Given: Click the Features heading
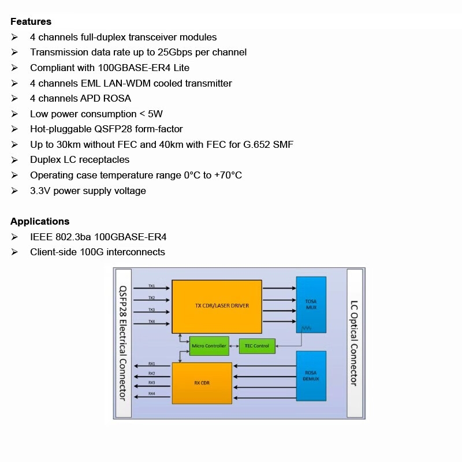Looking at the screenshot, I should tap(31, 22).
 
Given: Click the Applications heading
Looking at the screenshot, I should tap(40, 221).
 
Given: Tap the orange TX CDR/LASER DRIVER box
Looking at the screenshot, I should tap(217, 306).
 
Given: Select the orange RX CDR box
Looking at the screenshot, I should tap(202, 382).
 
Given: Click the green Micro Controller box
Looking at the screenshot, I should tap(209, 346).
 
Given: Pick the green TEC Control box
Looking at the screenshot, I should tap(256, 346).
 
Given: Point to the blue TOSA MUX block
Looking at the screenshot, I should tap(311, 304).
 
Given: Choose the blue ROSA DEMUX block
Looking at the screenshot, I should tap(311, 376).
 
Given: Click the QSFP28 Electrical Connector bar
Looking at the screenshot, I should tap(124, 343).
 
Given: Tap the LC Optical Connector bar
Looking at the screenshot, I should tap(354, 343).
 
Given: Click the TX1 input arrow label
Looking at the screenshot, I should tap(151, 286).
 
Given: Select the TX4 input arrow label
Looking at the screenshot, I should tap(151, 321).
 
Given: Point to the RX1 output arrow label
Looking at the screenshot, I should tap(151, 364).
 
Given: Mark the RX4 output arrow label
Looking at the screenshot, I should tap(151, 393).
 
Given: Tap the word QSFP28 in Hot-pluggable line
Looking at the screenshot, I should tap(114, 129).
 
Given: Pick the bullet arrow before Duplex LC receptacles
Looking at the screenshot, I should tap(14, 160).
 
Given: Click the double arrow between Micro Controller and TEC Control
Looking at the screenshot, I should tap(234, 346).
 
